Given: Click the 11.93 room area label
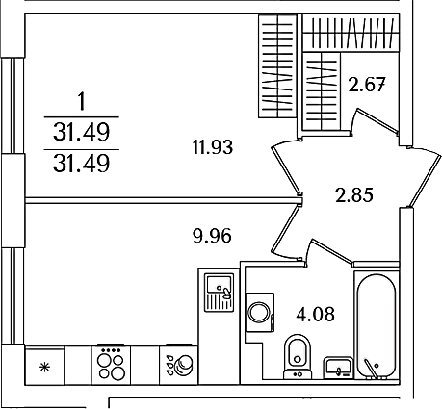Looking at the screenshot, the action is pos(213,147).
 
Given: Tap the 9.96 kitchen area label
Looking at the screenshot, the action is pos(212,236).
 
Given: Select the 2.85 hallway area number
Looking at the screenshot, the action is pos(354,195).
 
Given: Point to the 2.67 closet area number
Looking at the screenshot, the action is pos(367,85).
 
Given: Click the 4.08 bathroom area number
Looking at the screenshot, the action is pos(316,314).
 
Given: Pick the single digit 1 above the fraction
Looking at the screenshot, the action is pos(82,101).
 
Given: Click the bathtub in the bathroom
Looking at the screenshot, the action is pos(376,324).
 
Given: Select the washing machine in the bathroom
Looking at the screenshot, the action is pos(260,313).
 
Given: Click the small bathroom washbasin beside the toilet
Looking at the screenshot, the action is pos(338,368).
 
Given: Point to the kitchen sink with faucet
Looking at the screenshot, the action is pos(220,293).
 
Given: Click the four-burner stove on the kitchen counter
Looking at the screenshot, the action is pos(111,365).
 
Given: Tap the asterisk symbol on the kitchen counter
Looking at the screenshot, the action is pos(44,367).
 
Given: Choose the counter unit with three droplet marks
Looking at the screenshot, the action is pos(179,365).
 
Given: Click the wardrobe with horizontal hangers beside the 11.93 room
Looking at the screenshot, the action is pos(277,66).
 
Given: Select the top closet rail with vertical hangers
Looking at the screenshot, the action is pos(351,33).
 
